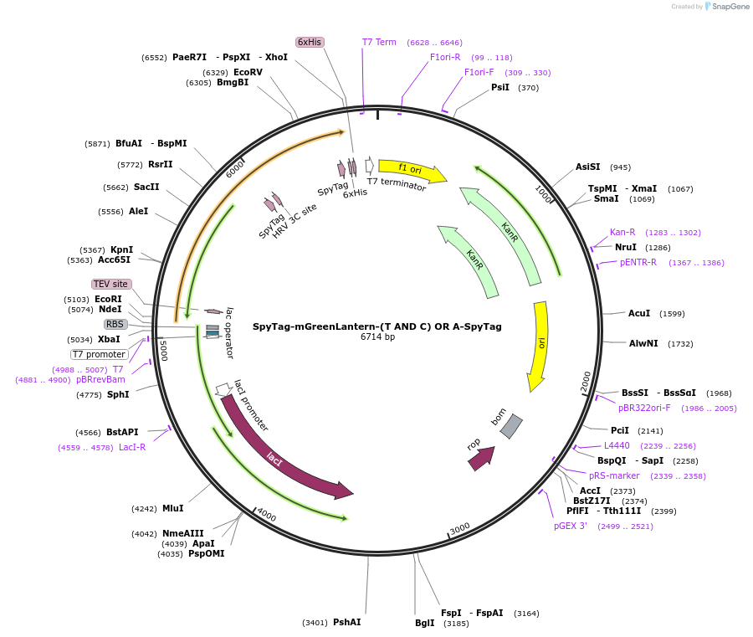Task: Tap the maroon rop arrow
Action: click(x=481, y=458)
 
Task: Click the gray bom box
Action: click(x=511, y=426)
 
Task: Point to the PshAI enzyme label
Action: click(x=346, y=622)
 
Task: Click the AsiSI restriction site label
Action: click(x=588, y=167)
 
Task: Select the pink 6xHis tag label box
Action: click(x=310, y=43)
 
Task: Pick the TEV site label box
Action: click(x=111, y=284)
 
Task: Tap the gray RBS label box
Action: click(x=115, y=324)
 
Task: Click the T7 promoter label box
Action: click(x=100, y=355)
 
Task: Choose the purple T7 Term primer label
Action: click(x=379, y=43)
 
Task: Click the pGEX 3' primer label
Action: click(x=571, y=526)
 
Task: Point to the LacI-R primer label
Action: click(x=132, y=447)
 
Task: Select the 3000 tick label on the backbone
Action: click(x=459, y=528)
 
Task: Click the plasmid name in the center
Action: click(x=377, y=326)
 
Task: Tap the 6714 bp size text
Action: click(x=377, y=336)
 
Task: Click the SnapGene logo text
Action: click(x=730, y=7)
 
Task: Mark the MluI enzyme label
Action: click(x=173, y=508)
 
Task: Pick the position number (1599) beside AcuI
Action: click(x=672, y=314)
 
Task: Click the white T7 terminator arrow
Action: click(x=369, y=165)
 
